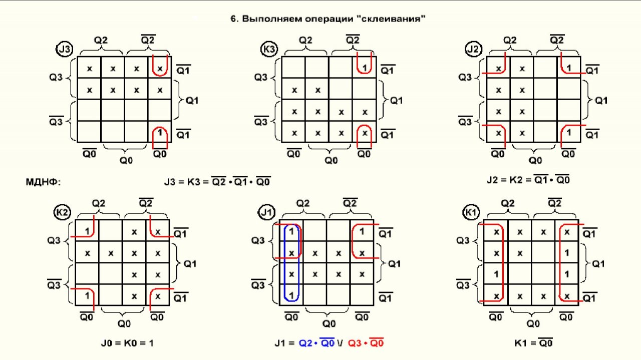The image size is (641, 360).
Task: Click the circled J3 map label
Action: coord(65,50)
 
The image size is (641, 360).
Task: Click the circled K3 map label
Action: coord(268,50)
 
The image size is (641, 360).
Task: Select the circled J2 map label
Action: coord(472,50)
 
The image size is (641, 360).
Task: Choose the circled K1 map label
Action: coord(471,213)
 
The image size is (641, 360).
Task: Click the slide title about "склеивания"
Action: coord(328,19)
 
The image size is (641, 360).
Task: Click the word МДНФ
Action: coord(43,181)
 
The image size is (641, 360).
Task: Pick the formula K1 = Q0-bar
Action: coord(533,343)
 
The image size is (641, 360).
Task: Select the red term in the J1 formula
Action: coord(366,343)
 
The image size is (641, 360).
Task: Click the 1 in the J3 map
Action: coord(160,133)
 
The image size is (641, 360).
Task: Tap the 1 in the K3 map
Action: coord(365,68)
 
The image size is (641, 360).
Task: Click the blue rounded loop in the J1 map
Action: coord(291,263)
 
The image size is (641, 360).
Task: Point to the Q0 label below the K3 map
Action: coord(331,160)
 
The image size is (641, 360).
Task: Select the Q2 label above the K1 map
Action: coord(507,203)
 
